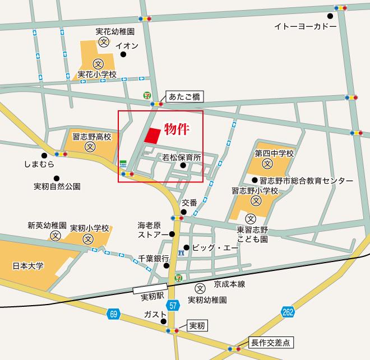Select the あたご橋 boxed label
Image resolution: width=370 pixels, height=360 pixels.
(186, 96)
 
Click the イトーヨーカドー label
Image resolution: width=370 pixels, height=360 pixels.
(305, 26)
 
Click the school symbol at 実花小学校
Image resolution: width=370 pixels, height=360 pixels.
(99, 63)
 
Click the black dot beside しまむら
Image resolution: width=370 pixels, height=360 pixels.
(44, 155)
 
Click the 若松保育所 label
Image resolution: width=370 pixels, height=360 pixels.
(182, 157)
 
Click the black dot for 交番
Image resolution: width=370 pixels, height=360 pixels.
(183, 212)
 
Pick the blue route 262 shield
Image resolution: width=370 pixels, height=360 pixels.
(288, 312)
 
